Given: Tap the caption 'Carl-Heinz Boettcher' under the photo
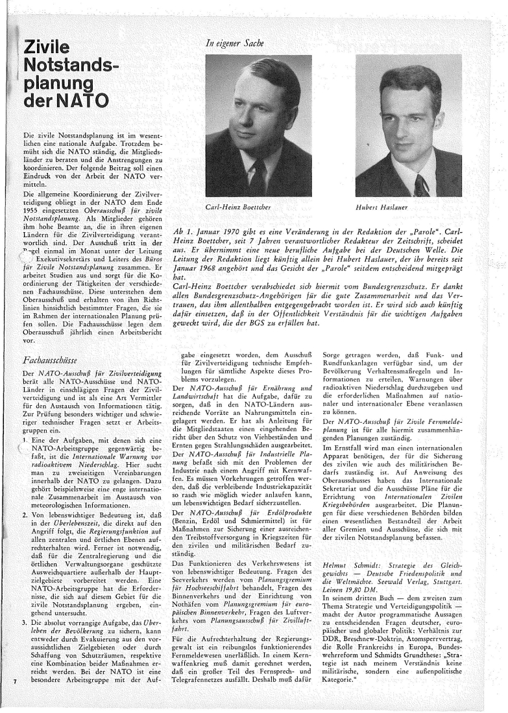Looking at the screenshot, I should click(239, 207).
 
